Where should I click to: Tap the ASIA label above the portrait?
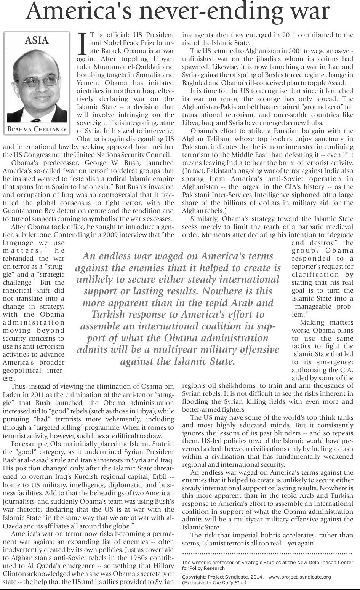coord(37,40)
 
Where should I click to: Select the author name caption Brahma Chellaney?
coord(37,129)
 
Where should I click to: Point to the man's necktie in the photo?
coord(35,112)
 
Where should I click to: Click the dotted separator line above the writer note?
coord(267,553)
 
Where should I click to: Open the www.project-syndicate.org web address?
coord(299,577)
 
